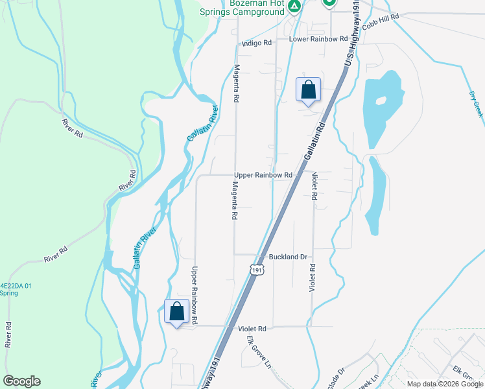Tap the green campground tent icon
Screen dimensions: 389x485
coord(294,6)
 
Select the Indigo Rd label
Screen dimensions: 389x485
coord(256,43)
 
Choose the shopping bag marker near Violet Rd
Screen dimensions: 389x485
coord(176,312)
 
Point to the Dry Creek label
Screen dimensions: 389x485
coord(476,104)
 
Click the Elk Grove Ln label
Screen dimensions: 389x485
coord(258,355)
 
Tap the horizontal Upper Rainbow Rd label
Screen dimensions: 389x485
coord(263,175)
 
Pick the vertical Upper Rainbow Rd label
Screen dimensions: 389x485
coord(194,295)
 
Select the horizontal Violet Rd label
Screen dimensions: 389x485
coord(252,329)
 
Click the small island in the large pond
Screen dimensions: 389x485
coord(380,101)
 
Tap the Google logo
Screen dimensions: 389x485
coord(21,381)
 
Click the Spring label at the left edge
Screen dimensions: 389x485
coord(9,293)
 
